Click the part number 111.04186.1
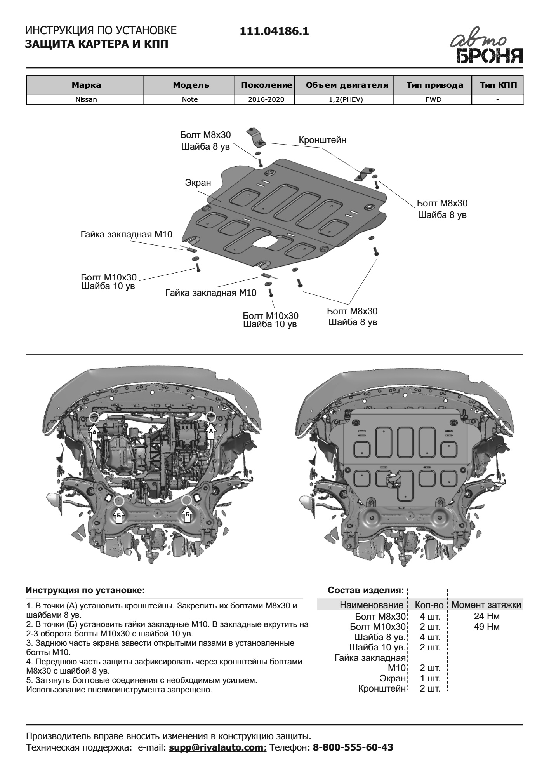274,31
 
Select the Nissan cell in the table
86,99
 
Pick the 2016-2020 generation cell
266,99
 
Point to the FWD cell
433,99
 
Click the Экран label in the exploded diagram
198,183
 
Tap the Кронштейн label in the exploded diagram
322,140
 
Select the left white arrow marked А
94,432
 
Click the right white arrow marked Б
188,515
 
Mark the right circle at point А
211,417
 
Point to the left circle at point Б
119,501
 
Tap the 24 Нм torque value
486,616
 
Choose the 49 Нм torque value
486,627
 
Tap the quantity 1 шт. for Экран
430,679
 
